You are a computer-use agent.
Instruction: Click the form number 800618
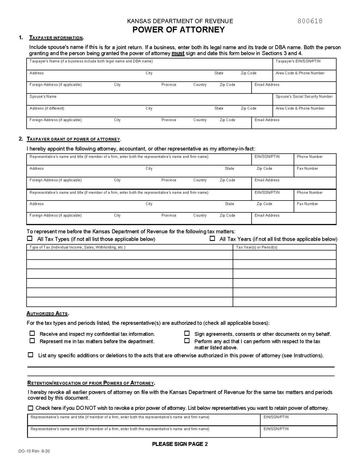coord(310,21)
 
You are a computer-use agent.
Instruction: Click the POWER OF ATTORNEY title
coord(179,30)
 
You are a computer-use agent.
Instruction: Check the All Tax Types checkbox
coord(30,239)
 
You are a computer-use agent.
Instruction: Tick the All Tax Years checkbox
coord(212,239)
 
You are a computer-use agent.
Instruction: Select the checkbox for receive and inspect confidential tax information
coord(32,333)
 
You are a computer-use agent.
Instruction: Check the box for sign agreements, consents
coord(187,333)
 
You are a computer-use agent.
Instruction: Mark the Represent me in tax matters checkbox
coord(32,341)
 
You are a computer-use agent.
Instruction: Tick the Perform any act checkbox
coord(187,341)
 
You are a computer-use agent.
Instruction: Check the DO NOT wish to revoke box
coord(30,408)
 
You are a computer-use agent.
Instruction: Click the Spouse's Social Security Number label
coord(304,96)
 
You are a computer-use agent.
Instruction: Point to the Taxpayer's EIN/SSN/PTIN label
coord(298,61)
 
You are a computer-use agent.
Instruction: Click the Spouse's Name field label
coord(43,96)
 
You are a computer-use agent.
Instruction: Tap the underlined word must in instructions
coord(178,53)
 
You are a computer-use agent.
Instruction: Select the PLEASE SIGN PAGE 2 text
coord(180,444)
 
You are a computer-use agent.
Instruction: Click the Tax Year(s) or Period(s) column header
coord(257,247)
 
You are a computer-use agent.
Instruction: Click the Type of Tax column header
coord(77,247)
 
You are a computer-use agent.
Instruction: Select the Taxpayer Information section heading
coord(56,38)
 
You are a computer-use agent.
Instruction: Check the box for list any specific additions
coord(30,355)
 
